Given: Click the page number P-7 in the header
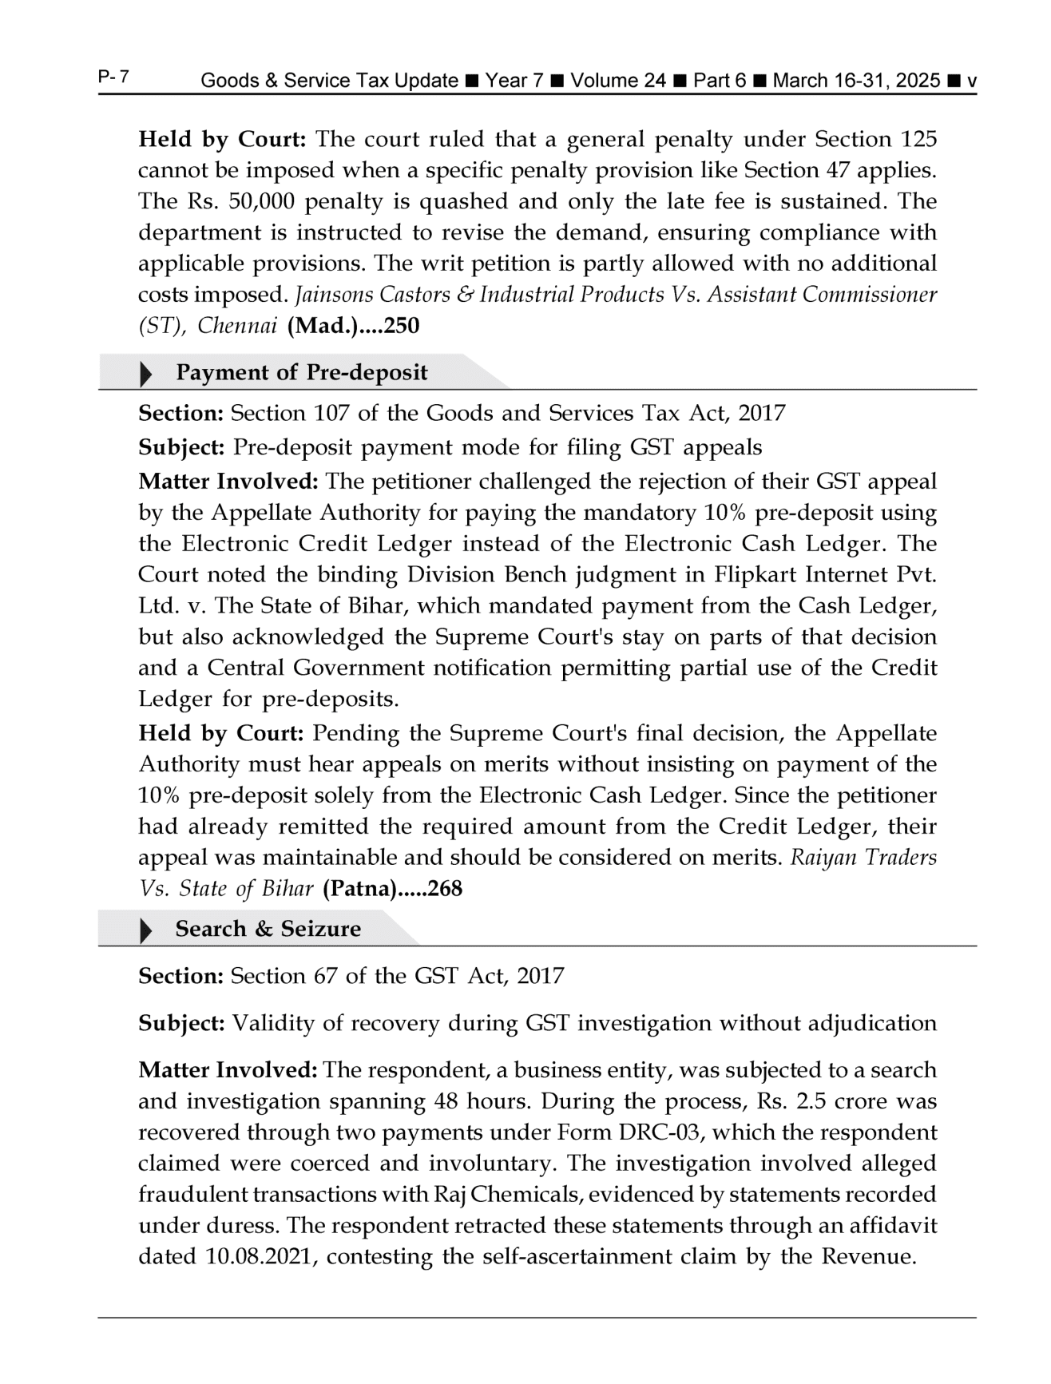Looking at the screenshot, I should tap(115, 77).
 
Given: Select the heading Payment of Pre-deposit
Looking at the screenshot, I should tap(301, 373).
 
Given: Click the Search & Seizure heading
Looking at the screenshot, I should tap(268, 929).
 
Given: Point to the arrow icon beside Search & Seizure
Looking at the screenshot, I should tap(146, 930).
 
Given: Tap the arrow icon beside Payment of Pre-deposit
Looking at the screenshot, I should tap(146, 374).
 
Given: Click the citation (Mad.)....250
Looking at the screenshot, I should tap(353, 326).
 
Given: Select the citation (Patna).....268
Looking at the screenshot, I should tap(392, 889).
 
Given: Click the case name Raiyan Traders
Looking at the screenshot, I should tap(863, 858).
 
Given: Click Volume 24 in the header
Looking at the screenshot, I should tap(617, 81).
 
